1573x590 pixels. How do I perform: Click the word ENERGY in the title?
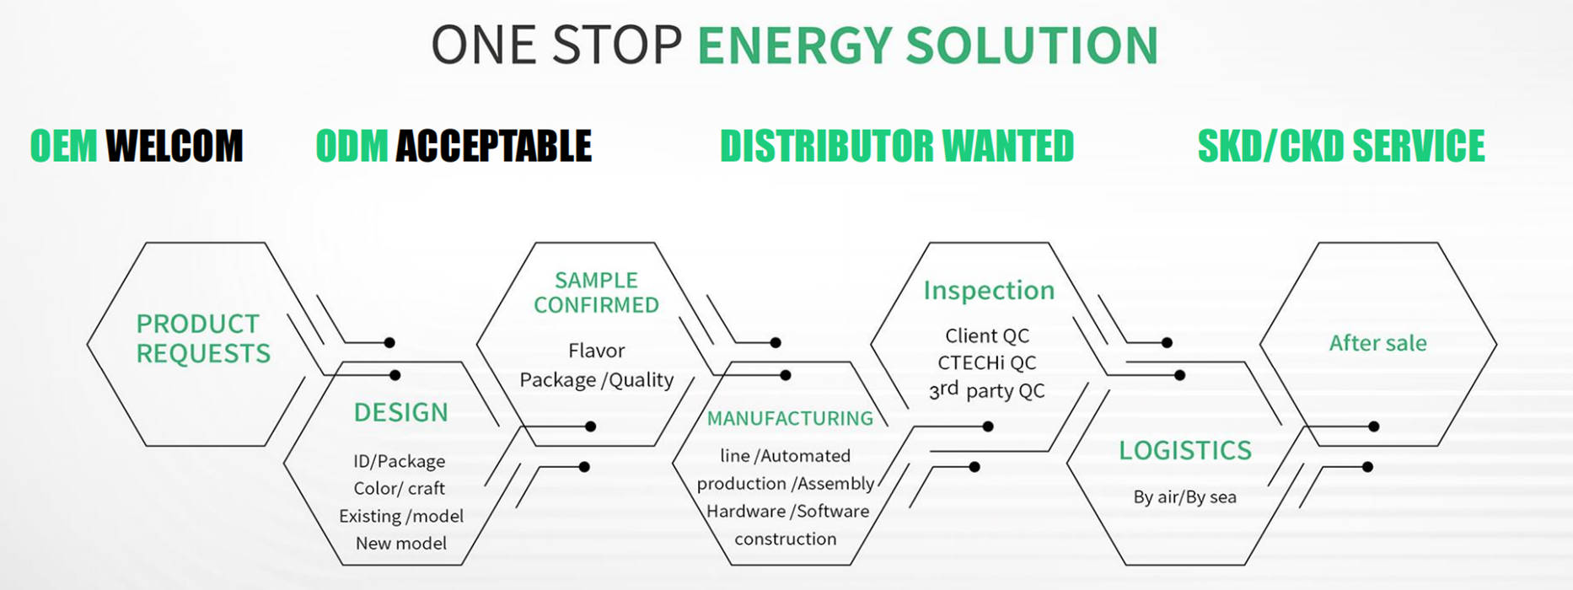[794, 46]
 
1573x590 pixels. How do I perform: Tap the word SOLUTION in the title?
[1032, 46]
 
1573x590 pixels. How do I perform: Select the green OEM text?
[64, 147]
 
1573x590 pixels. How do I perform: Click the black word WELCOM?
[174, 147]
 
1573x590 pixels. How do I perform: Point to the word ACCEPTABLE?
[493, 147]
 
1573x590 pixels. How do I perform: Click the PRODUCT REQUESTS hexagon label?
[203, 338]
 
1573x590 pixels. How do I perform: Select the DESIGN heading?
[400, 413]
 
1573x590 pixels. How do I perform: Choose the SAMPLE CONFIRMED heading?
[596, 292]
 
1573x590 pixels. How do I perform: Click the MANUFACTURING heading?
[790, 419]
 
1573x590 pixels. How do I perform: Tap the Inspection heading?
[989, 291]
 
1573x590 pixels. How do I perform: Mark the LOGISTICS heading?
[1184, 451]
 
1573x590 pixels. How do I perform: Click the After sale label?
[1377, 343]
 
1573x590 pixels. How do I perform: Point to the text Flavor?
[596, 351]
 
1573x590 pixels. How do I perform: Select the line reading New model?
[400, 544]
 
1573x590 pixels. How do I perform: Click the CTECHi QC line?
[986, 363]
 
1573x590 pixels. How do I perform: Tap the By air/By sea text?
[1184, 497]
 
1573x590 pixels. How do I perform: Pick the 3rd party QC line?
[986, 391]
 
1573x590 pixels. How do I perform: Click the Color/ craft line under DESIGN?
[399, 489]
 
